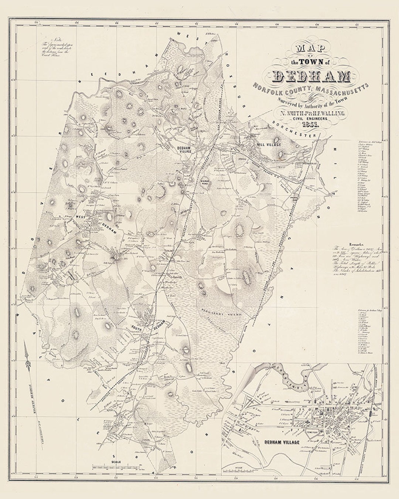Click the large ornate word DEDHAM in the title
(311, 76)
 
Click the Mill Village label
(268, 144)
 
